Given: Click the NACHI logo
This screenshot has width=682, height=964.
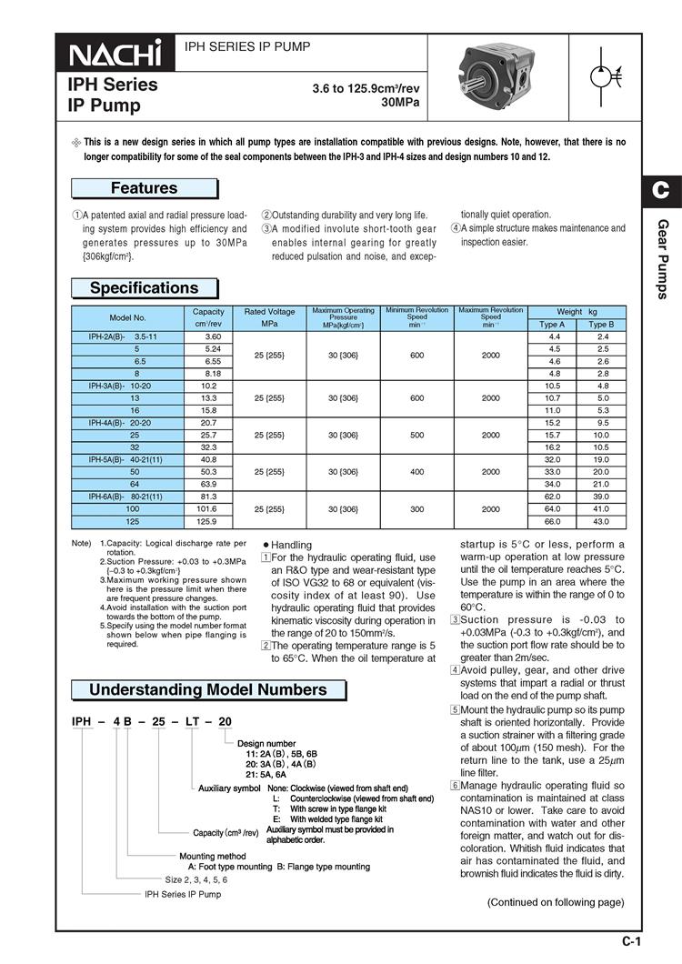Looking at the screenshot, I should [115, 55].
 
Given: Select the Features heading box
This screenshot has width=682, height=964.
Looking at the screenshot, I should [144, 188].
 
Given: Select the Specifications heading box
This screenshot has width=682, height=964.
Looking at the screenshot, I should [144, 288].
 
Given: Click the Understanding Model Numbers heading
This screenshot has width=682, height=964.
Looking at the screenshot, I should [207, 689].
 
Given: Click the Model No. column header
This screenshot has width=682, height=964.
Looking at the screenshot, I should [127, 317].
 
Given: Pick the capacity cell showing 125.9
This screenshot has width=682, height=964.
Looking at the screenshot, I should [208, 523].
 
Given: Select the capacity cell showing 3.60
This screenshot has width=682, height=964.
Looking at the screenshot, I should [208, 336].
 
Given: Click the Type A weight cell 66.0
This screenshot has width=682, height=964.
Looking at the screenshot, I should [552, 523].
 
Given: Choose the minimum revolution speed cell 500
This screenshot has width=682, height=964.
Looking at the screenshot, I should [417, 435].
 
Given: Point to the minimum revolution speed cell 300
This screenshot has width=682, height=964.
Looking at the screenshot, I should [417, 510].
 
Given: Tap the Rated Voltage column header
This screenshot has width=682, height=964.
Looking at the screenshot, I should [269, 317].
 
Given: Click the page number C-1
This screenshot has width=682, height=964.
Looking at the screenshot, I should [632, 941].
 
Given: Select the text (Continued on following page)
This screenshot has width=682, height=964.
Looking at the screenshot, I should [556, 902].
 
